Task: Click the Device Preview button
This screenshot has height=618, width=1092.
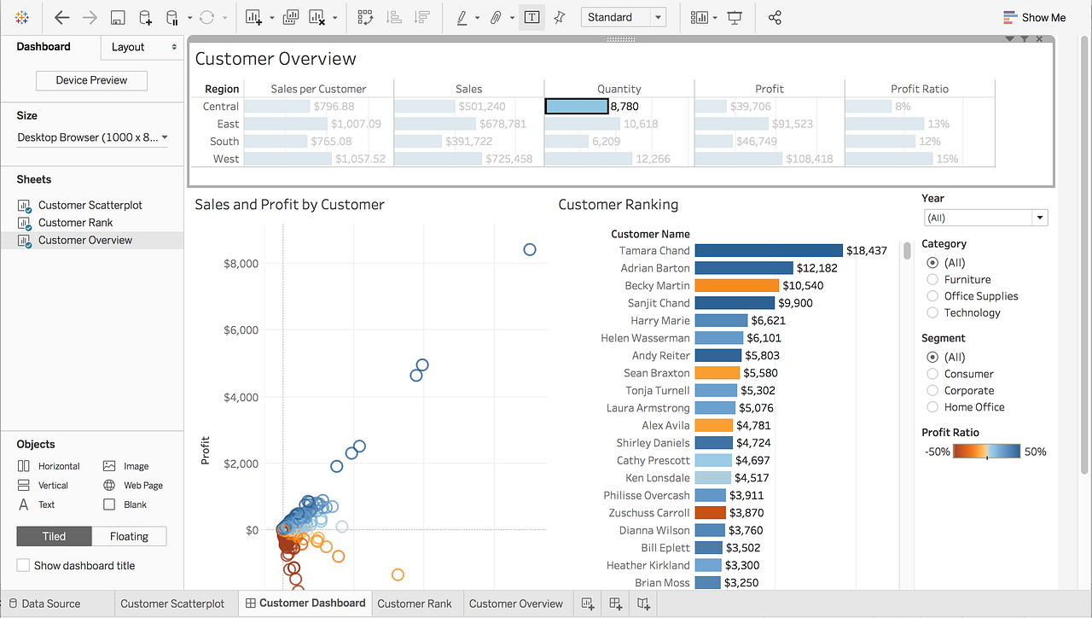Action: (91, 80)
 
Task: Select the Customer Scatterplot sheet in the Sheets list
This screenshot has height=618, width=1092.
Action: (90, 205)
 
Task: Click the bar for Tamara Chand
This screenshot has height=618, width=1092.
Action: (768, 250)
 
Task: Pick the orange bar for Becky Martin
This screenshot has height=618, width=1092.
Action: (736, 285)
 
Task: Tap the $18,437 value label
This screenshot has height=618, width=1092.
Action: (866, 250)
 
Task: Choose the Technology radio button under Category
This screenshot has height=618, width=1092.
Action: (932, 312)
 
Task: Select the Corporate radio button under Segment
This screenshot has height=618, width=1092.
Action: (932, 390)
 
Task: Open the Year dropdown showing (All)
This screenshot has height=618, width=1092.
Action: (985, 218)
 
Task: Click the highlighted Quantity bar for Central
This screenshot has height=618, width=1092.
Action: (576, 107)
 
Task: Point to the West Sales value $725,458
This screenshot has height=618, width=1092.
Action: (508, 159)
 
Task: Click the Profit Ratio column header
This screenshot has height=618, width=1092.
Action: (919, 89)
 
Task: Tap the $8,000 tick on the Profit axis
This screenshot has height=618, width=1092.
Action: (241, 263)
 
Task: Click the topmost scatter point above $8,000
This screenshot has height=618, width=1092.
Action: (529, 249)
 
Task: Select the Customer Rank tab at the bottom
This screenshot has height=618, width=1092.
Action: (414, 603)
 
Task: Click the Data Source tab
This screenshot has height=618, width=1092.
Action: (50, 603)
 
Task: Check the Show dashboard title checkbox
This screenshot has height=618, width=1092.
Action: (24, 565)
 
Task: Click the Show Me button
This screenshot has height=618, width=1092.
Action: (1034, 17)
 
